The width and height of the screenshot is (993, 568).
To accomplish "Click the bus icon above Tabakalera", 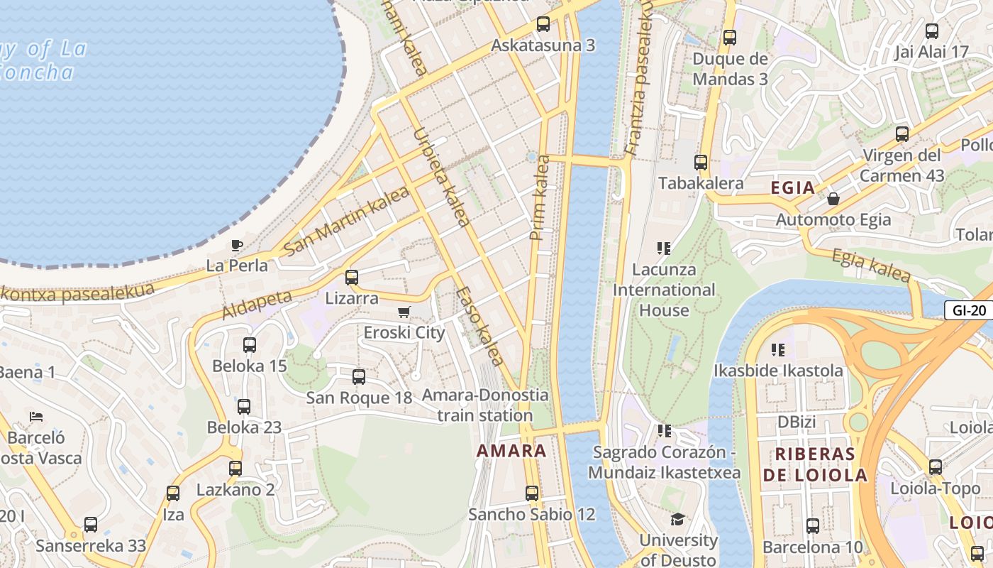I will pyautogui.click(x=701, y=163).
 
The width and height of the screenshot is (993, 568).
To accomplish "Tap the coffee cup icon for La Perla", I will pyautogui.click(x=237, y=246).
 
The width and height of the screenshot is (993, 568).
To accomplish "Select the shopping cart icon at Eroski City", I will pyautogui.click(x=404, y=312).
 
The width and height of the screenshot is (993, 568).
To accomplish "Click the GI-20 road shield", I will pyautogui.click(x=968, y=310).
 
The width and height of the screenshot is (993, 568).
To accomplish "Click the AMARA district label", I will pyautogui.click(x=511, y=450).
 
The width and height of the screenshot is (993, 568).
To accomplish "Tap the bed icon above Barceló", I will pyautogui.click(x=36, y=417).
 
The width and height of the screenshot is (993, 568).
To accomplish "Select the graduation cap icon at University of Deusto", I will pyautogui.click(x=677, y=519).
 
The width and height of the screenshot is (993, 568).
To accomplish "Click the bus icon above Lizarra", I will pyautogui.click(x=352, y=278).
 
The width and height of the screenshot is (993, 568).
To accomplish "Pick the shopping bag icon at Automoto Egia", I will pyautogui.click(x=833, y=199).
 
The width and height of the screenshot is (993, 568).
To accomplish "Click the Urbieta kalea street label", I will pyautogui.click(x=440, y=177).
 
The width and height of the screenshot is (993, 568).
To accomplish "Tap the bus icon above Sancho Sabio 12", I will pyautogui.click(x=531, y=493).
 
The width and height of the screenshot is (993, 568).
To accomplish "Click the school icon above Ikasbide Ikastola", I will pyautogui.click(x=778, y=349).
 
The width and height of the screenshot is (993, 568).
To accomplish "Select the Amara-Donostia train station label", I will pyautogui.click(x=486, y=405).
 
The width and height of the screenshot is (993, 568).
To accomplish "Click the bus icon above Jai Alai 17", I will pyautogui.click(x=932, y=31).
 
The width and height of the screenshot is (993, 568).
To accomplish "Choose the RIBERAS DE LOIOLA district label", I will pyautogui.click(x=815, y=464).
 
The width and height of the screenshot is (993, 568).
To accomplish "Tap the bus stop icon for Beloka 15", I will pyautogui.click(x=250, y=345).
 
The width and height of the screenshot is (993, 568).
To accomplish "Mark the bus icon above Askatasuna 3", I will pyautogui.click(x=543, y=24).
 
